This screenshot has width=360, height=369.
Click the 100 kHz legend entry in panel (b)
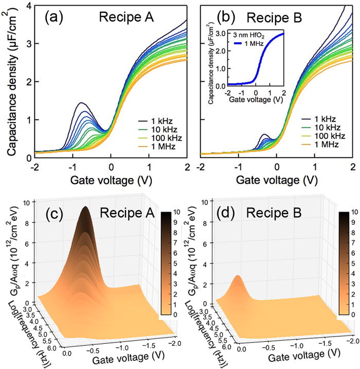click(322, 137)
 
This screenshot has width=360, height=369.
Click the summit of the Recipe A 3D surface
click(85, 208)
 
